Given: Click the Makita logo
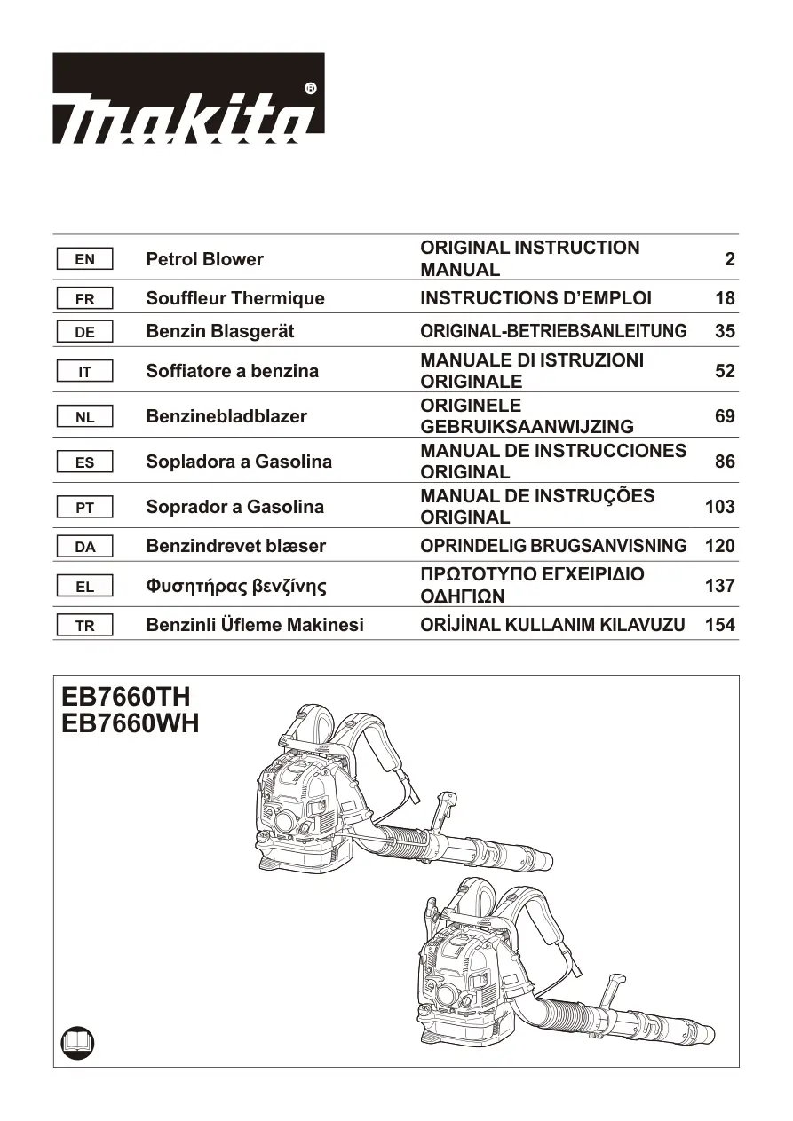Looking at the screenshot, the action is [188, 99].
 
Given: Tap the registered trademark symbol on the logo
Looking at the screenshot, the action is [310, 89].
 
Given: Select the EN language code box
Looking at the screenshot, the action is [84, 259].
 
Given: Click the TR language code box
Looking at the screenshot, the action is [84, 625].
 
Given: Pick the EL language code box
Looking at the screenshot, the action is [84, 586].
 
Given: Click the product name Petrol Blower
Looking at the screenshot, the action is [204, 259].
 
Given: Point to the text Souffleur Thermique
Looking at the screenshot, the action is [235, 298].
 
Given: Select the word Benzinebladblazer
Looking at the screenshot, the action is [226, 416].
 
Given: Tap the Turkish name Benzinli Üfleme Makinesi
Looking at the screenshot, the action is [255, 625].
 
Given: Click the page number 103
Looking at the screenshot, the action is [720, 507].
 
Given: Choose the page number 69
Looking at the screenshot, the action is [725, 416].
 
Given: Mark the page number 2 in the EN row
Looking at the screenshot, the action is [730, 259].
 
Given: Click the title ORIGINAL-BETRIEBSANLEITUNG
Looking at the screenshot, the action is [553, 331].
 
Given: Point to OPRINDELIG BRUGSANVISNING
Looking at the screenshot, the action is [553, 546].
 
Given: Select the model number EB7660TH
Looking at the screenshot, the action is [126, 696].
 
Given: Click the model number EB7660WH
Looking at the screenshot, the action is [131, 723].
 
